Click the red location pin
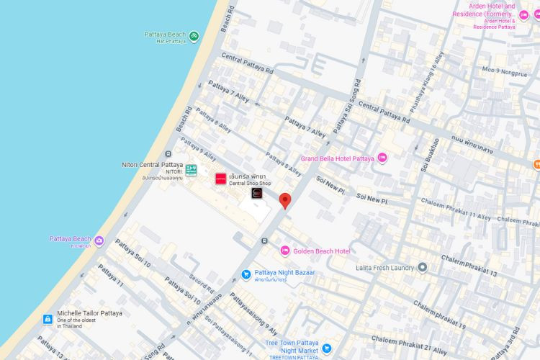(285, 200)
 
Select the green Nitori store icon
(191, 171)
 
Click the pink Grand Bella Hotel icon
(382, 158)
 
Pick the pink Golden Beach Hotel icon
(285, 251)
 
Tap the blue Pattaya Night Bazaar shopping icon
(246, 274)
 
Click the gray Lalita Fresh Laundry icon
(423, 267)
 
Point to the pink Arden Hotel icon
(531, 15)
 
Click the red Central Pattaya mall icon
(220, 178)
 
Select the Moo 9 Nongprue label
(505, 71)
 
